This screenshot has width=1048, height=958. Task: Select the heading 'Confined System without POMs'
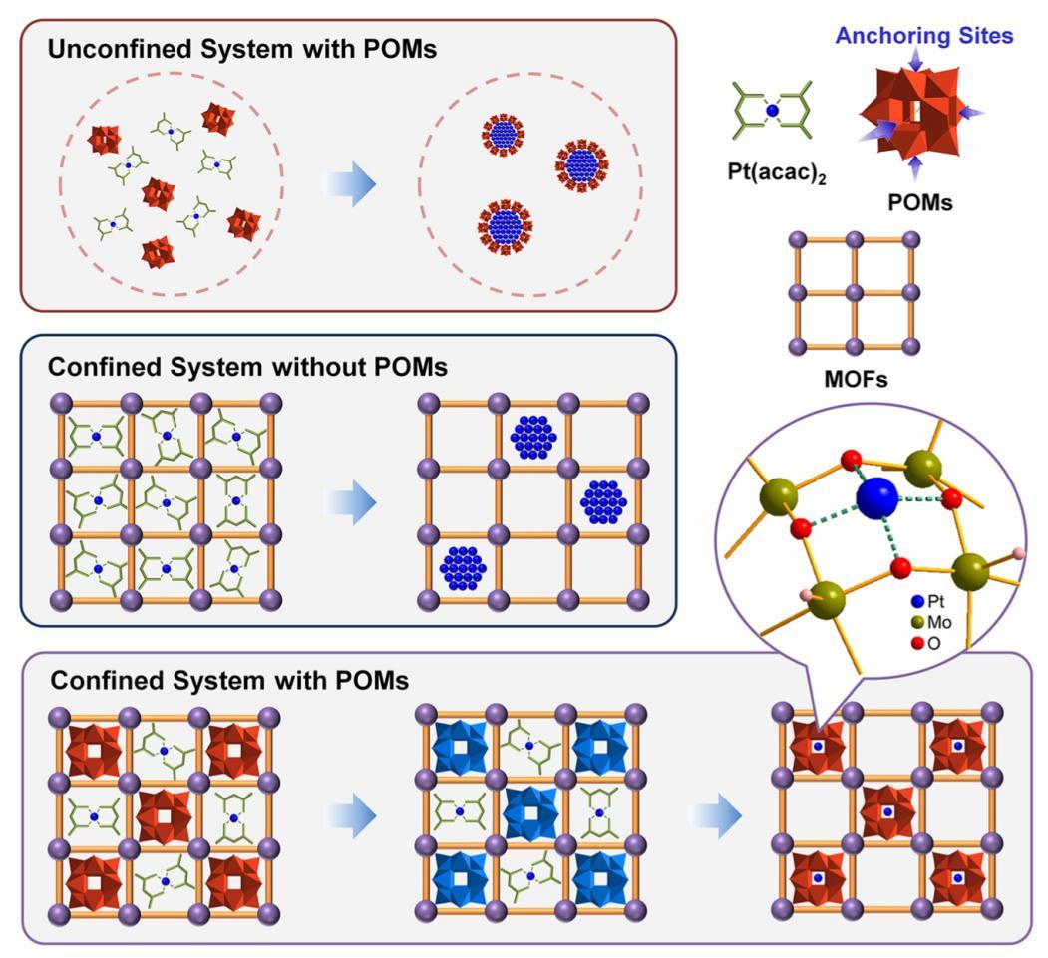tap(248, 368)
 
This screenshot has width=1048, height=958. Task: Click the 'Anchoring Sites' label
tap(923, 37)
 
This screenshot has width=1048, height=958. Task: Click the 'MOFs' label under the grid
tap(854, 379)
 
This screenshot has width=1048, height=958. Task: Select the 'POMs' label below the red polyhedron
tap(919, 202)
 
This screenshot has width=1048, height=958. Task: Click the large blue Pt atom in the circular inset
tap(877, 497)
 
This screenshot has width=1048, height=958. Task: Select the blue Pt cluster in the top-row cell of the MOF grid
tap(532, 436)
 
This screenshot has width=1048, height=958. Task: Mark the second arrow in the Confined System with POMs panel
tap(716, 818)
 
